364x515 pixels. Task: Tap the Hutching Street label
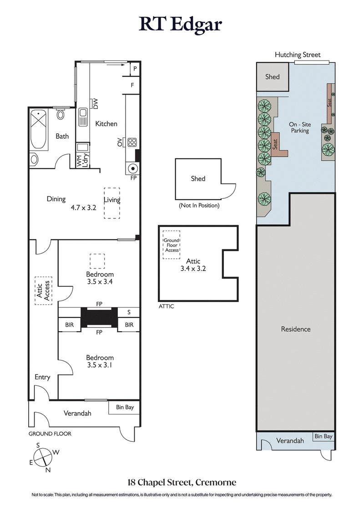click(298, 55)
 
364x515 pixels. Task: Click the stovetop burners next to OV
click(132, 142)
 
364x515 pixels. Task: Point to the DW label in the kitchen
click(96, 104)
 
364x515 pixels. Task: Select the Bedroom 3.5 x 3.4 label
click(100, 278)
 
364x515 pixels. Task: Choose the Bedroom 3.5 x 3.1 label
click(100, 361)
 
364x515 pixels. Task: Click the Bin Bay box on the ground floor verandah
click(125, 407)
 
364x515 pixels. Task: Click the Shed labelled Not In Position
click(198, 179)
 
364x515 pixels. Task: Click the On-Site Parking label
click(299, 127)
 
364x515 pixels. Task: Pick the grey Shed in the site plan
click(272, 77)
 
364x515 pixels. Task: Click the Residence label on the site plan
click(295, 329)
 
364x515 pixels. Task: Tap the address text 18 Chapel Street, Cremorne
click(182, 482)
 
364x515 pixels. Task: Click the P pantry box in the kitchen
click(135, 69)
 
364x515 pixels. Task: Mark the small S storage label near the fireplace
click(129, 313)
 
